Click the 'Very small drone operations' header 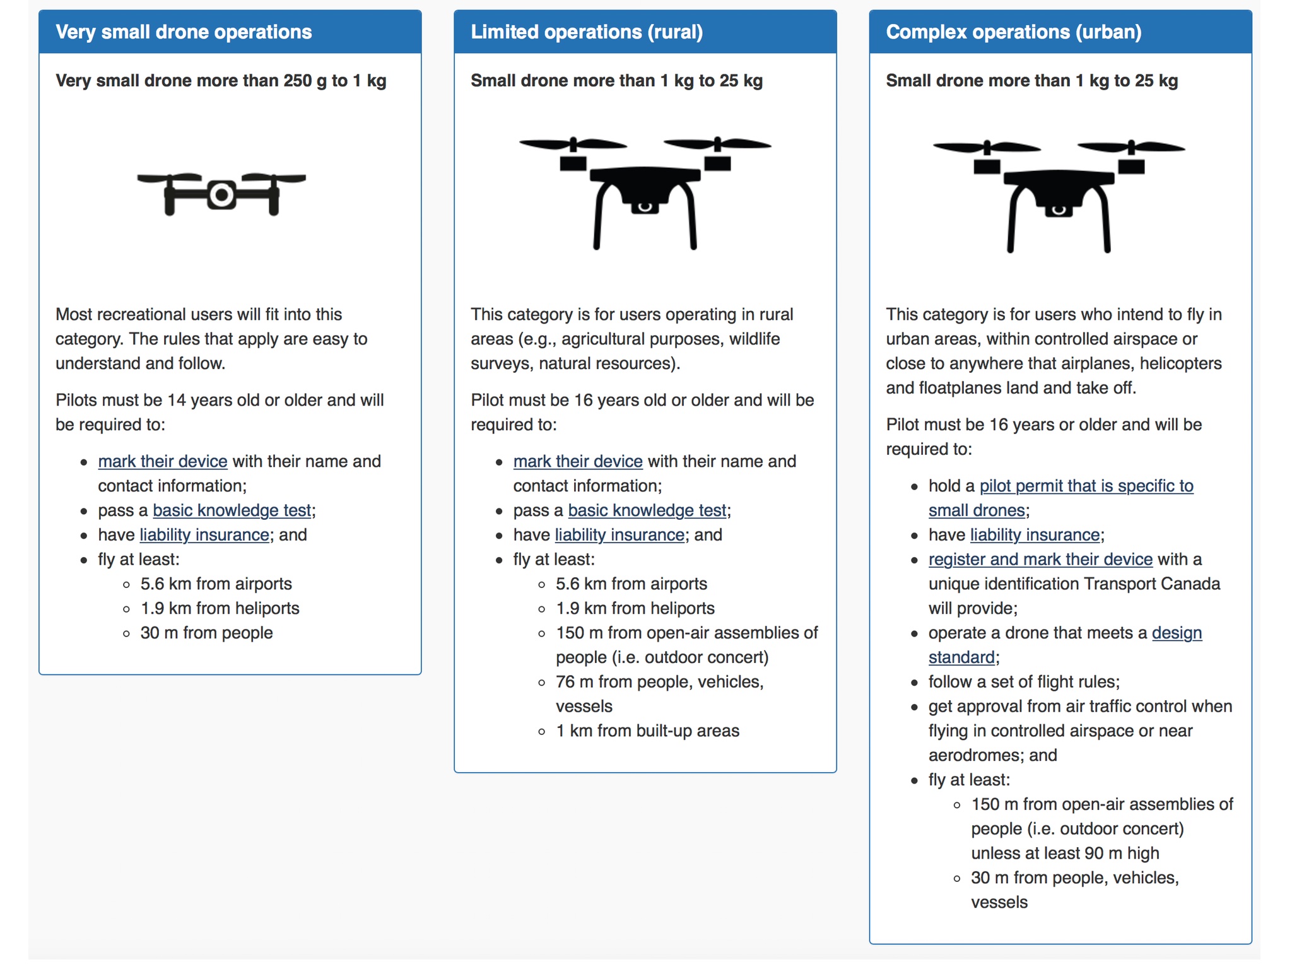(184, 32)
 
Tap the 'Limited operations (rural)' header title (586, 32)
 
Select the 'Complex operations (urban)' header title (1013, 32)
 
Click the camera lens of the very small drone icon (221, 195)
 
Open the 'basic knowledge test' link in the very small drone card (232, 510)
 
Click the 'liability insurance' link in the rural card (620, 535)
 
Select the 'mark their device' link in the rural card (578, 461)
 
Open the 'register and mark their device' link (1040, 560)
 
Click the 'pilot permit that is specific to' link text (1086, 486)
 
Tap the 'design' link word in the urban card (1177, 633)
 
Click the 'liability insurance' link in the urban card (1035, 535)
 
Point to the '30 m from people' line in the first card (206, 633)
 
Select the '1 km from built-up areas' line (647, 731)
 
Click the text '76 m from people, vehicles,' (659, 682)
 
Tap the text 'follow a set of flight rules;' (1023, 682)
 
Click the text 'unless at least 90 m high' (1065, 853)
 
